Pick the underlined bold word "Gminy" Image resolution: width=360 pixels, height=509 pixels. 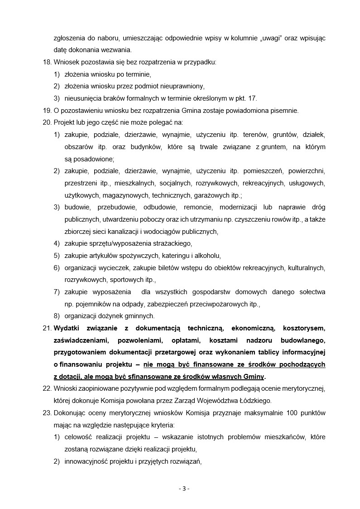254,377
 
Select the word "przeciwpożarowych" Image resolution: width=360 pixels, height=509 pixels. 211,304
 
